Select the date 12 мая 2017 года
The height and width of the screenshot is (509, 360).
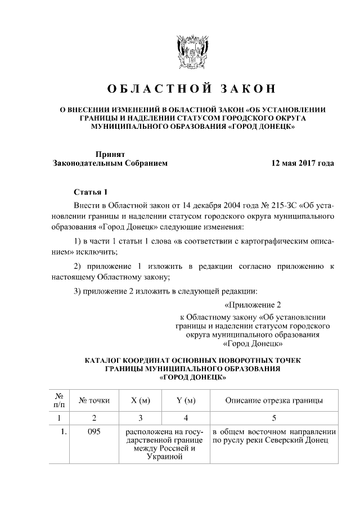[302, 164]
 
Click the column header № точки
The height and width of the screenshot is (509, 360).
[94, 400]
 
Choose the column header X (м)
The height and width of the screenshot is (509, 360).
[141, 400]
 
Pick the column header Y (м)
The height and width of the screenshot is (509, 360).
[186, 400]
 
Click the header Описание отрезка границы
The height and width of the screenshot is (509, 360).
[273, 400]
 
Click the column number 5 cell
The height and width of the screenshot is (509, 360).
[273, 418]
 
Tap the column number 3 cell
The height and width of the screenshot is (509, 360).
[141, 418]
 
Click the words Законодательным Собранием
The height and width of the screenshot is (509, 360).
[110, 164]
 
